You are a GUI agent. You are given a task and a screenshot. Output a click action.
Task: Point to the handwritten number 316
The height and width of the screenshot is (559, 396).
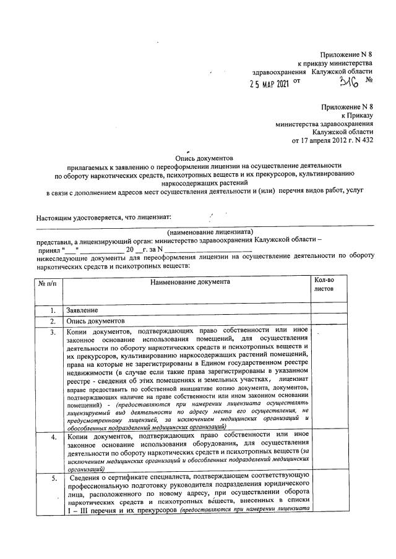pos(341,78)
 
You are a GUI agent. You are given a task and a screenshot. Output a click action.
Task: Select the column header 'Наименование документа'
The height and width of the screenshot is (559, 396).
pos(189,282)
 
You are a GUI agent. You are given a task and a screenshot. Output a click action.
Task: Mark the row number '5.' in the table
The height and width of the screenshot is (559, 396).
pos(53,478)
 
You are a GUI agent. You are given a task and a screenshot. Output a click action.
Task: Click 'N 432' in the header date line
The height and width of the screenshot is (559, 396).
pos(362,140)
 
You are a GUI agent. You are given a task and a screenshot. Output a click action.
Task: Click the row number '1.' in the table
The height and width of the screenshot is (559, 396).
pos(53,310)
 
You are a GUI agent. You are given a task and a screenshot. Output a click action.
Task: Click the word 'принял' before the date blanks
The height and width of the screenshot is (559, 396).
pos(48,249)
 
